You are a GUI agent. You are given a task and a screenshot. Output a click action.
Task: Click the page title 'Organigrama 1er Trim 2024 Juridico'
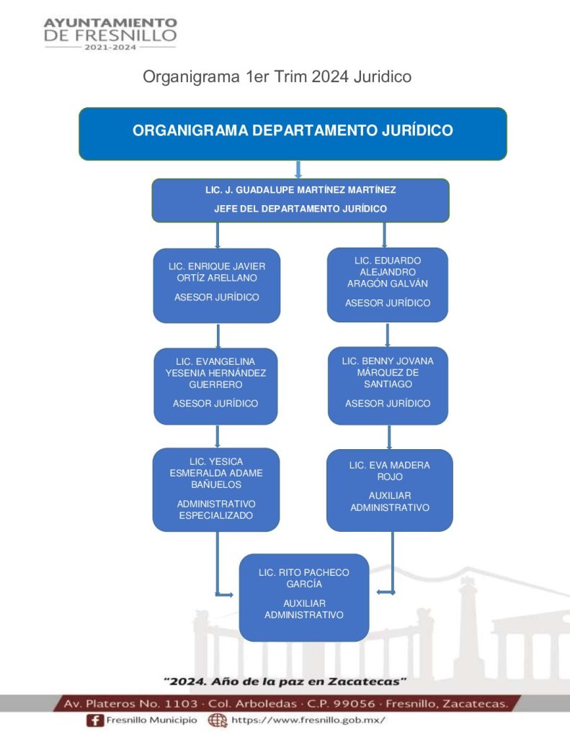(x=277, y=76)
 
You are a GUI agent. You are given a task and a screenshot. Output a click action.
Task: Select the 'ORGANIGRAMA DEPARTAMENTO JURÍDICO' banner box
(x=293, y=133)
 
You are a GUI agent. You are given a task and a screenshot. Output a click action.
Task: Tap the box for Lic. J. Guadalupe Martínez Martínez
(x=300, y=200)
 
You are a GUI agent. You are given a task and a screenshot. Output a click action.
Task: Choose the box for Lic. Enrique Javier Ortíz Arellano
(x=216, y=285)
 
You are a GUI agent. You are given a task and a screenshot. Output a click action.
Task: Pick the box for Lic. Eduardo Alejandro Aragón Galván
(x=388, y=284)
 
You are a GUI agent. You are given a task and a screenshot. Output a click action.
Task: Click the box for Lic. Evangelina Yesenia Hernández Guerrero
(x=216, y=386)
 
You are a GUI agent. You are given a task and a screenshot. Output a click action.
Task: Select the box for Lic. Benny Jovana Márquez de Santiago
(x=388, y=385)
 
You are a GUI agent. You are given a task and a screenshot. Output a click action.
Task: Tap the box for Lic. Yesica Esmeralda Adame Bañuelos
(x=216, y=489)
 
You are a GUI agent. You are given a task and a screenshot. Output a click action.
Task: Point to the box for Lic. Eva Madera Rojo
(x=389, y=489)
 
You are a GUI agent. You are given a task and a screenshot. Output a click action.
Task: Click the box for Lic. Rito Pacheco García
(x=303, y=597)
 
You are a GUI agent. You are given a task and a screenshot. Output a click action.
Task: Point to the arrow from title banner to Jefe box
(x=298, y=170)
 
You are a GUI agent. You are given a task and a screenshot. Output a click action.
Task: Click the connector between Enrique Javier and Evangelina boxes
(x=218, y=335)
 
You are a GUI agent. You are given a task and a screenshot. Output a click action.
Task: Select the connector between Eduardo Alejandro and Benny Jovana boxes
(x=388, y=335)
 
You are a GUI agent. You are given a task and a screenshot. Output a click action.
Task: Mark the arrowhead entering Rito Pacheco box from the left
(x=229, y=594)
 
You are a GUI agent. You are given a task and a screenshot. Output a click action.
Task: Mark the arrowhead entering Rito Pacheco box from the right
(x=381, y=592)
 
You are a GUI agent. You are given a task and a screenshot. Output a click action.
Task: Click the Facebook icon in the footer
(x=94, y=720)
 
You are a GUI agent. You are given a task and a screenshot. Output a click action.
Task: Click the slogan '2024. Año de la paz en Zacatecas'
(x=285, y=680)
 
